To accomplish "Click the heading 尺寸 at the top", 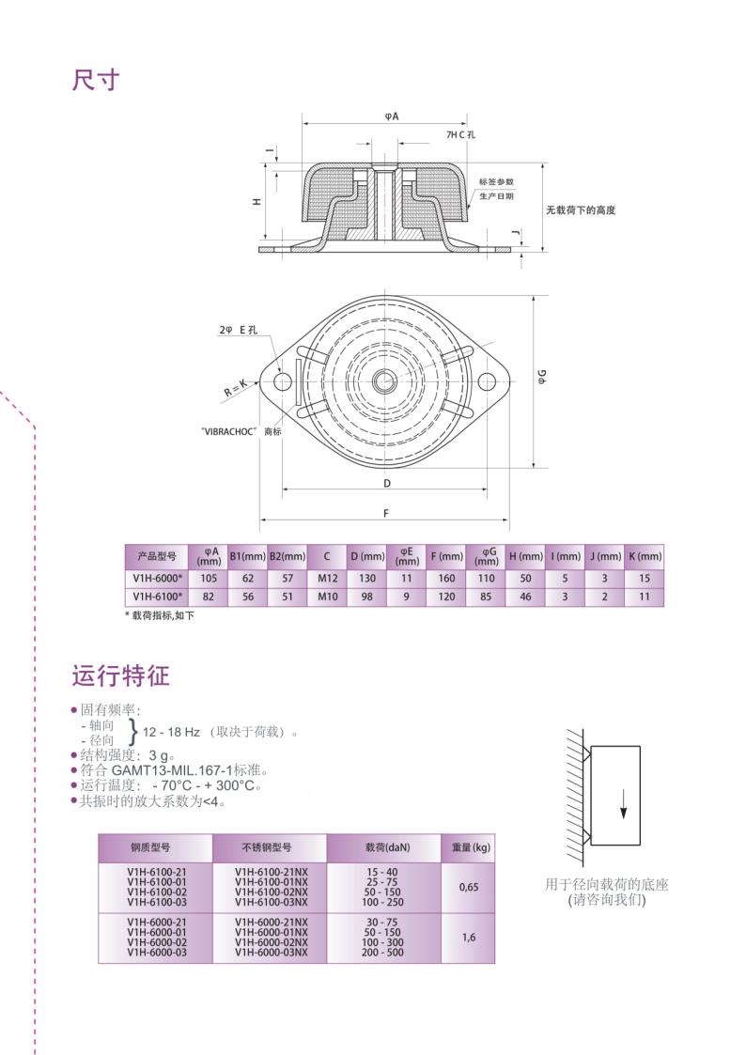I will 96,80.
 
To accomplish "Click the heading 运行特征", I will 120,675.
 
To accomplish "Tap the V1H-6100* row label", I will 156,597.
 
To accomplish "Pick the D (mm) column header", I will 367,556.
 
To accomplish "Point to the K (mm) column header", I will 645,556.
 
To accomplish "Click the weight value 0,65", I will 468,886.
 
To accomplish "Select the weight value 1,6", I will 468,937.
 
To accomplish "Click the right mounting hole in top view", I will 487,380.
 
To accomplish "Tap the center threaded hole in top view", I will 384,380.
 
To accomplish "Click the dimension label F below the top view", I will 384,513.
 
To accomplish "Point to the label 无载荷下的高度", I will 581,210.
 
